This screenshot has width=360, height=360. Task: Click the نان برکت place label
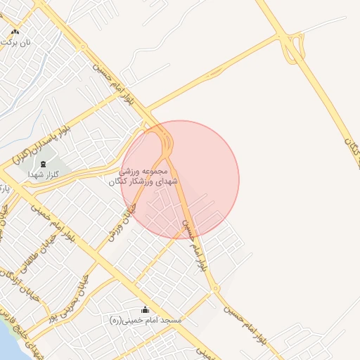pos(18,42)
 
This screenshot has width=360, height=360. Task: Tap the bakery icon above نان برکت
pos(15,32)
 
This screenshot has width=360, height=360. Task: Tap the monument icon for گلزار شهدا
pos(44,164)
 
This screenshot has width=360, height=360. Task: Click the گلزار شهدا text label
pos(41,174)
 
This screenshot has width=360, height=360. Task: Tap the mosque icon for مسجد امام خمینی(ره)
pos(146,309)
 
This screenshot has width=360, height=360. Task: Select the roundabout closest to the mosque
pos(216,288)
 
